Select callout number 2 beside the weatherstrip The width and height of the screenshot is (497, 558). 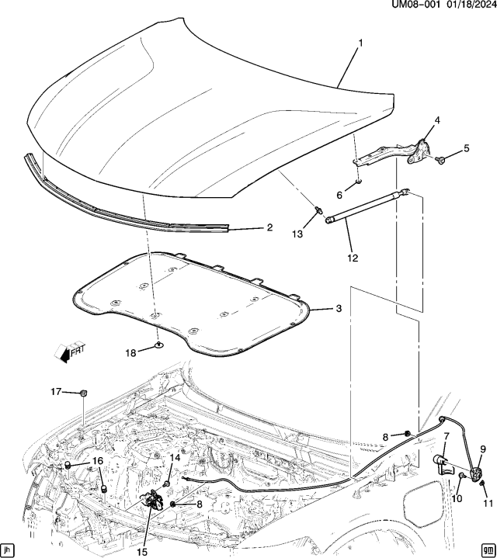point(269,227)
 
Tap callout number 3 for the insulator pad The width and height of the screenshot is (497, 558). point(338,309)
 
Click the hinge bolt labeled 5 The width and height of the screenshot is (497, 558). point(440,159)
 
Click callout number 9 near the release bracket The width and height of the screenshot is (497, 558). point(482,449)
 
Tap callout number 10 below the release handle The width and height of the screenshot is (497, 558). point(457,497)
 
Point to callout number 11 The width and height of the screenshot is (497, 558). point(488,503)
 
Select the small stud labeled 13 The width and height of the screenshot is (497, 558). point(318,210)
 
